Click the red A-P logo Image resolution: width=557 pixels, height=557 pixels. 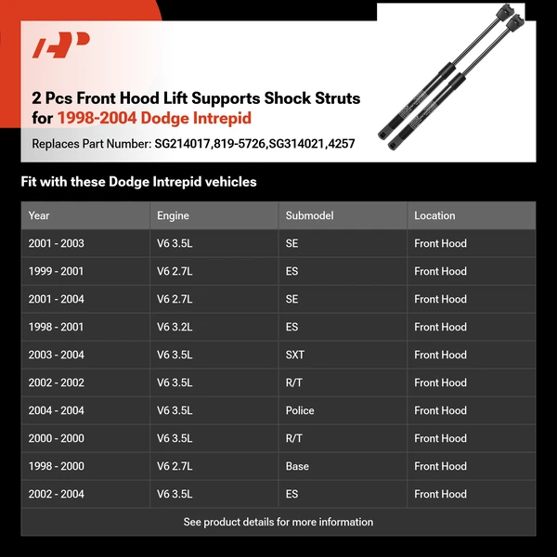coord(61,46)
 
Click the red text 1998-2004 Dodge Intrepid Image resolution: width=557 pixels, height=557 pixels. coord(154,119)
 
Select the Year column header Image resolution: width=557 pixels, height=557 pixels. coord(39,215)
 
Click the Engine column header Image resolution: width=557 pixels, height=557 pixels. coord(173,215)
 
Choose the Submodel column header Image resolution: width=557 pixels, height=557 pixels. coord(307,215)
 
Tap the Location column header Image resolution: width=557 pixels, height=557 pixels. coord(434,215)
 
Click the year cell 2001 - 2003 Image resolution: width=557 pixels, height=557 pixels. coord(56,243)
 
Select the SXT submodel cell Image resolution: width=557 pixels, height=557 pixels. coord(295,355)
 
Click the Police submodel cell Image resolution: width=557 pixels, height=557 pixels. coord(300,410)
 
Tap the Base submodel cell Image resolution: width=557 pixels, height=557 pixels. coord(297,466)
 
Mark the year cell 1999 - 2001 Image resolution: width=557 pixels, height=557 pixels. coord(56,271)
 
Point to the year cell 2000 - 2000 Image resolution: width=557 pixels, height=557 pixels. coord(56,438)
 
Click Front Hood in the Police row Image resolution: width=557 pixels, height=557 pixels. coord(440,410)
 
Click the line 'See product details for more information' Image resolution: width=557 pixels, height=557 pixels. coord(278,522)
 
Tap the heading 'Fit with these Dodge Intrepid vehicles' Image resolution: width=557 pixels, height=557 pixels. coord(138,182)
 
